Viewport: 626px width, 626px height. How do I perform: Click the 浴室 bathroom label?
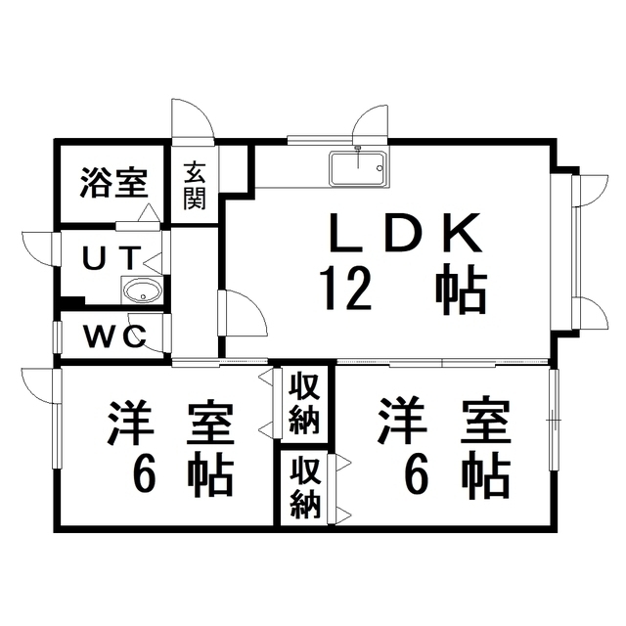coord(113,181)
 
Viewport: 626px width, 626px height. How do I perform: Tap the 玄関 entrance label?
coord(195,187)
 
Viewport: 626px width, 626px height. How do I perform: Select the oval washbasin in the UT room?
coord(143,291)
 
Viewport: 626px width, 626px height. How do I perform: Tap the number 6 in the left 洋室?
coord(146,476)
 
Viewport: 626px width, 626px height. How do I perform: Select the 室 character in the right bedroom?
coord(486,424)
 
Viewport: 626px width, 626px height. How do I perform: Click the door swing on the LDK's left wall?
coord(241,315)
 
